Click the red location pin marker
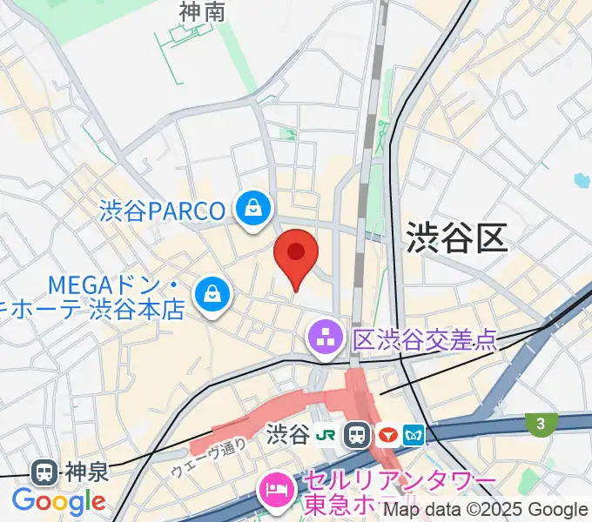click(296, 254)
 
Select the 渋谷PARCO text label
click(164, 211)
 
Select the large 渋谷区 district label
click(456, 237)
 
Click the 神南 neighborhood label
click(202, 11)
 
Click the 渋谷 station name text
click(290, 434)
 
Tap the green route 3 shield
click(541, 424)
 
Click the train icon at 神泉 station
click(43, 472)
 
